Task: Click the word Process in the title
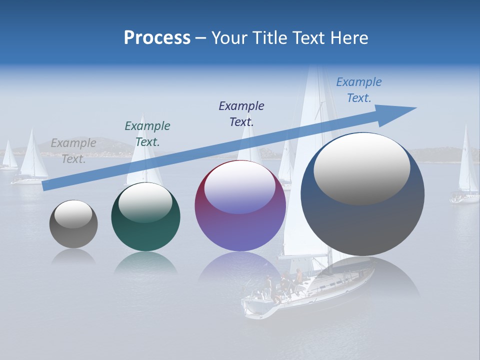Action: [157, 38]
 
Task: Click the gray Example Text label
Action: [73, 150]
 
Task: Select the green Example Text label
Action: [147, 133]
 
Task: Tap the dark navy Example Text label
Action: [241, 113]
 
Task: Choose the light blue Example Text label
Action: [358, 89]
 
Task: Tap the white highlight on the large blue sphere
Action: [361, 167]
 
